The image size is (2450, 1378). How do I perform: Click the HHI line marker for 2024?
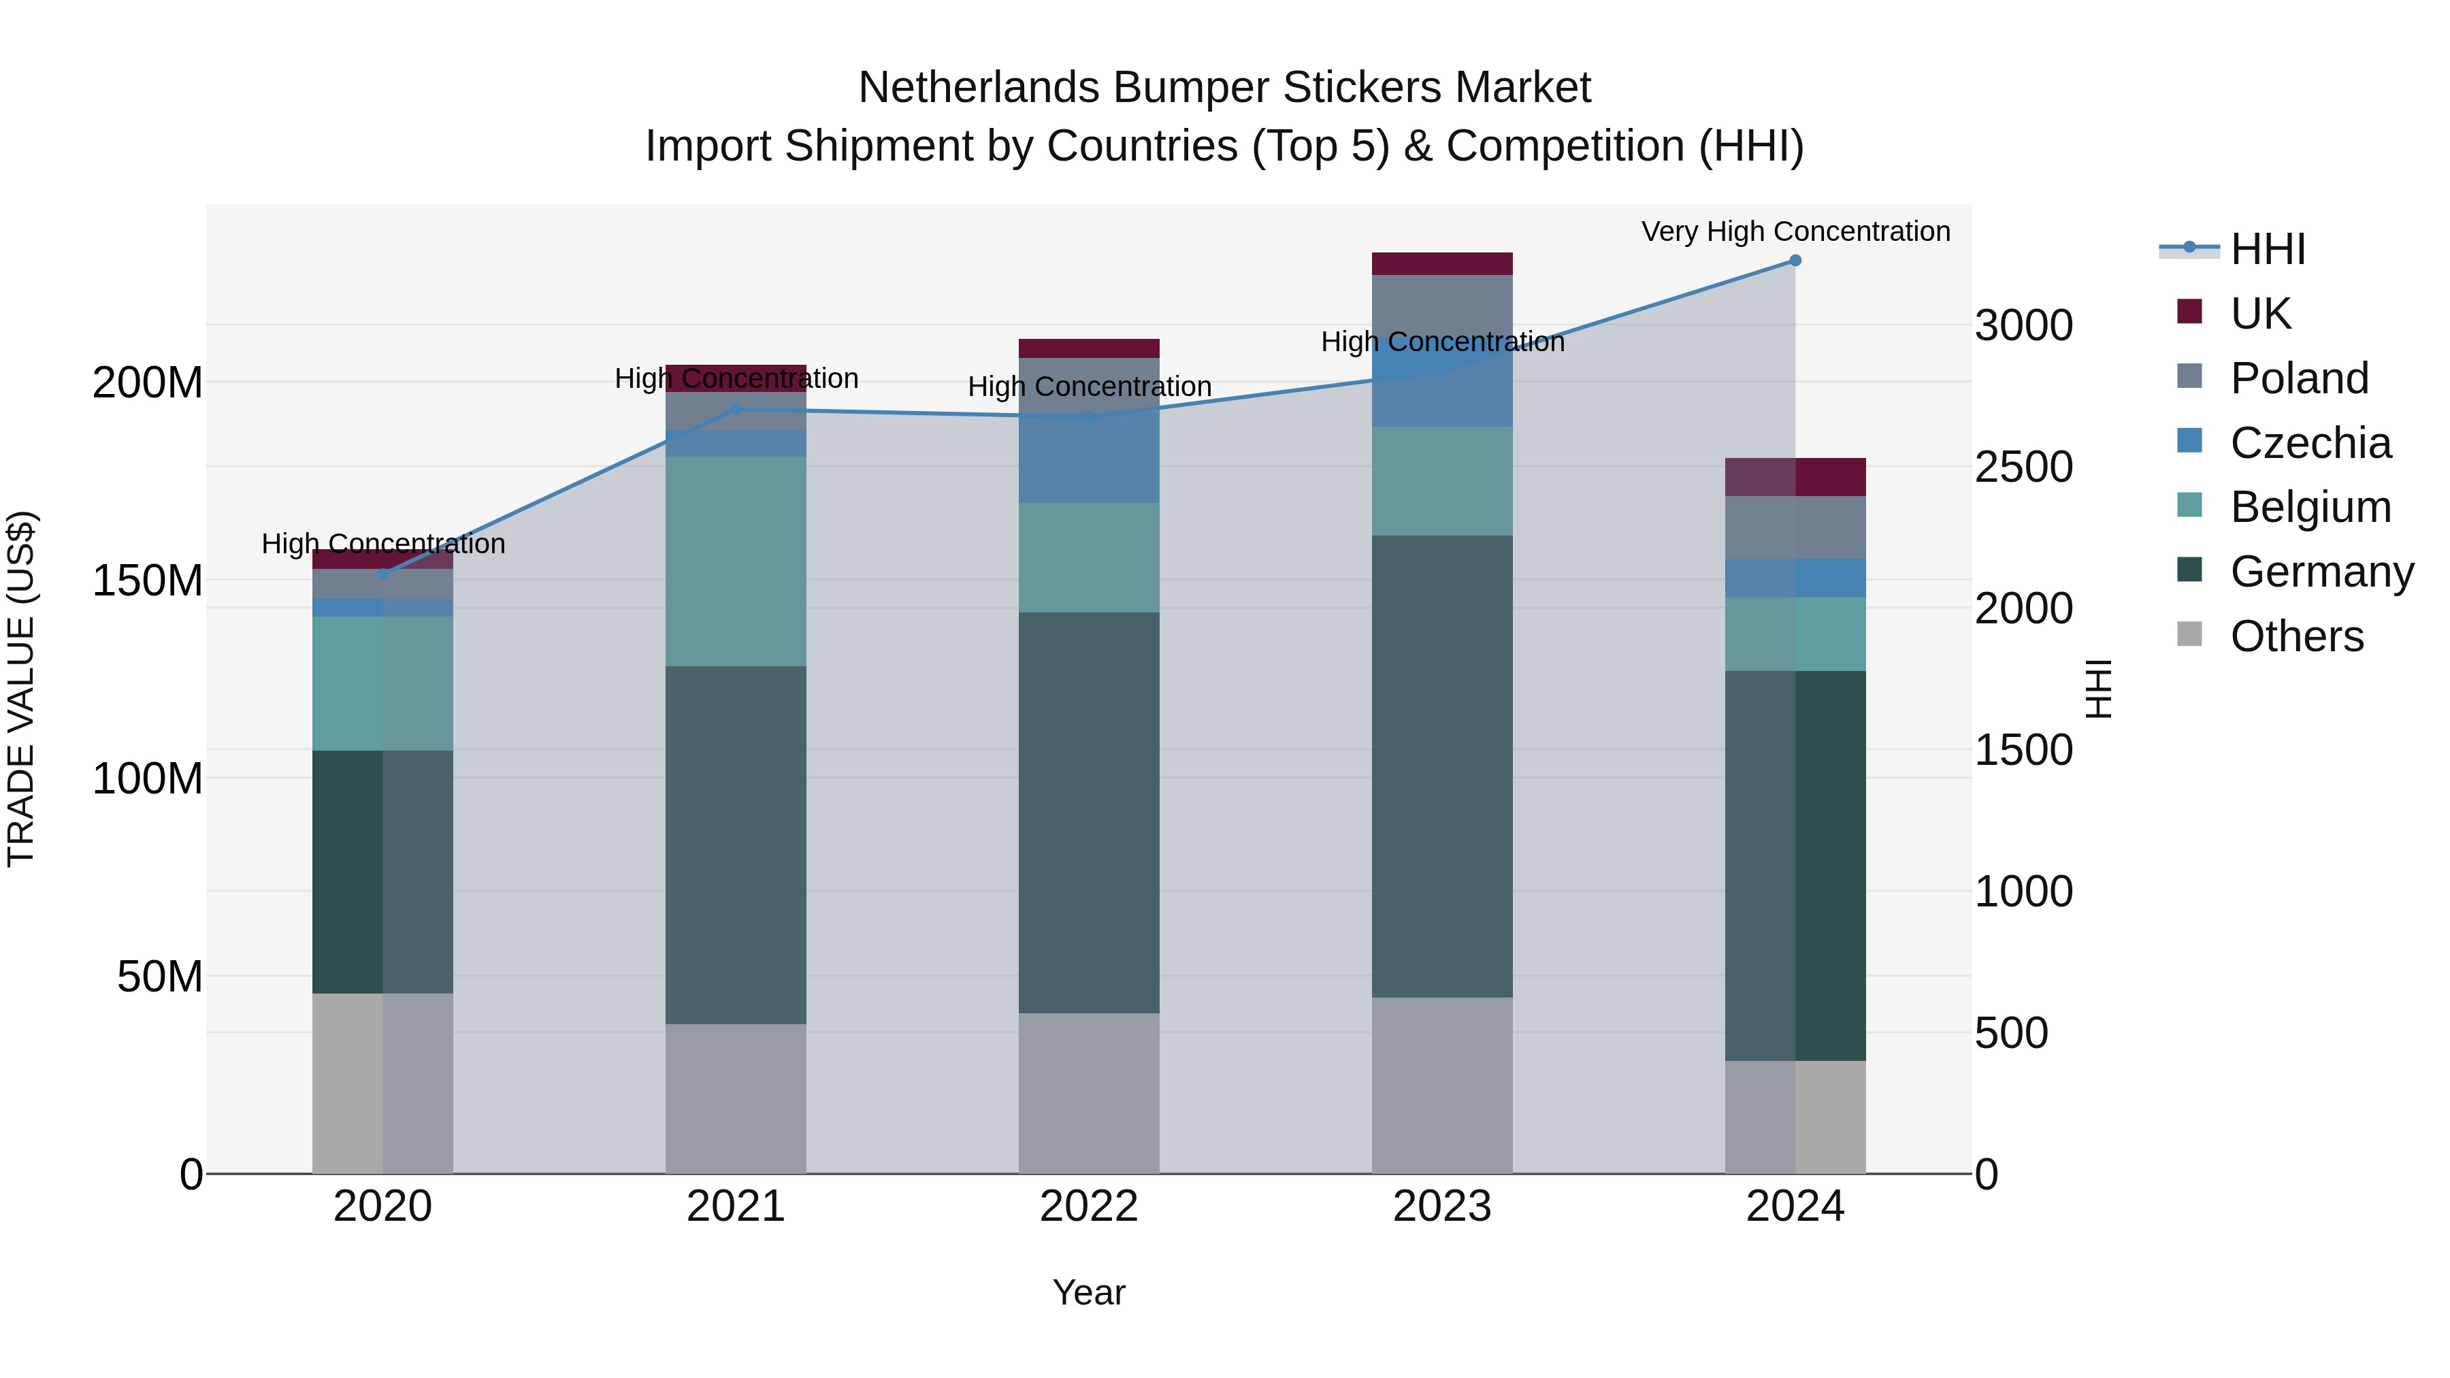click(1795, 261)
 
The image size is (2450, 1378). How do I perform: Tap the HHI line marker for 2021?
click(736, 410)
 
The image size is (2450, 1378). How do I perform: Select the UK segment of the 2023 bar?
click(1442, 263)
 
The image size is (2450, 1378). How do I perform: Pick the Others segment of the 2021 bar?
click(736, 1098)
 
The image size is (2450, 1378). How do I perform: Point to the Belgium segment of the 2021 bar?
click(736, 561)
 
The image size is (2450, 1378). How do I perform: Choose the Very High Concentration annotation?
click(1795, 231)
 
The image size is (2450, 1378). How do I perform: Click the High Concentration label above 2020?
click(383, 544)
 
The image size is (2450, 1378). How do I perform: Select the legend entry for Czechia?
click(2309, 443)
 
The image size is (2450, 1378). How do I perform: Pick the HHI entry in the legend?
click(2268, 249)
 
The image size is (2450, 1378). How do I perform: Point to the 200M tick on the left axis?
click(148, 382)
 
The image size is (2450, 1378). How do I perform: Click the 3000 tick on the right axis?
click(2023, 325)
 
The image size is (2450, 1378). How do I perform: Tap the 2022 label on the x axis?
click(1089, 1207)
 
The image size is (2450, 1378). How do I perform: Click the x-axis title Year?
click(1089, 1292)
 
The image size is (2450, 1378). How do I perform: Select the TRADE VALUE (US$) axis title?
click(21, 689)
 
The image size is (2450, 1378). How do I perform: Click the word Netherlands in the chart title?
click(979, 88)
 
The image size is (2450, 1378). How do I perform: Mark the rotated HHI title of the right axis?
click(2097, 689)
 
